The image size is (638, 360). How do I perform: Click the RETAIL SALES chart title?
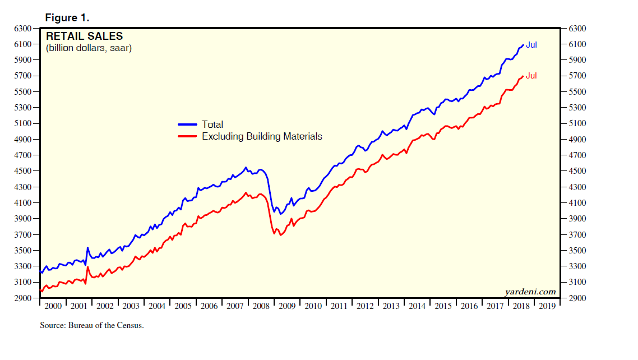84,36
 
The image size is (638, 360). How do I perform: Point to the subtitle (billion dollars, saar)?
89,48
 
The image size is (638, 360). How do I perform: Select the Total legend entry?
212,124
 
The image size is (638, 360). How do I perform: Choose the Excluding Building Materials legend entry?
261,136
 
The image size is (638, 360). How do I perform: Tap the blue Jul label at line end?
531,45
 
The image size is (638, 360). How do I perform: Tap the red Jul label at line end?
531,76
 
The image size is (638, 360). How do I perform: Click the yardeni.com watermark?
530,292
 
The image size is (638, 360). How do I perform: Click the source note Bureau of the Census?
92,325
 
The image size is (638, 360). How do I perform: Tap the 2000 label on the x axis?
53,306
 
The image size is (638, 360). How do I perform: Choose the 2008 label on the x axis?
262,306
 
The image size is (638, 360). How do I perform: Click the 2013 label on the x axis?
392,306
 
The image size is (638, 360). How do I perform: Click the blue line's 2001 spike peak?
87,247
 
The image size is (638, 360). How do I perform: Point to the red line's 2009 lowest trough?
280,235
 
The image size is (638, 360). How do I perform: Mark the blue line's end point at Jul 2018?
523,45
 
